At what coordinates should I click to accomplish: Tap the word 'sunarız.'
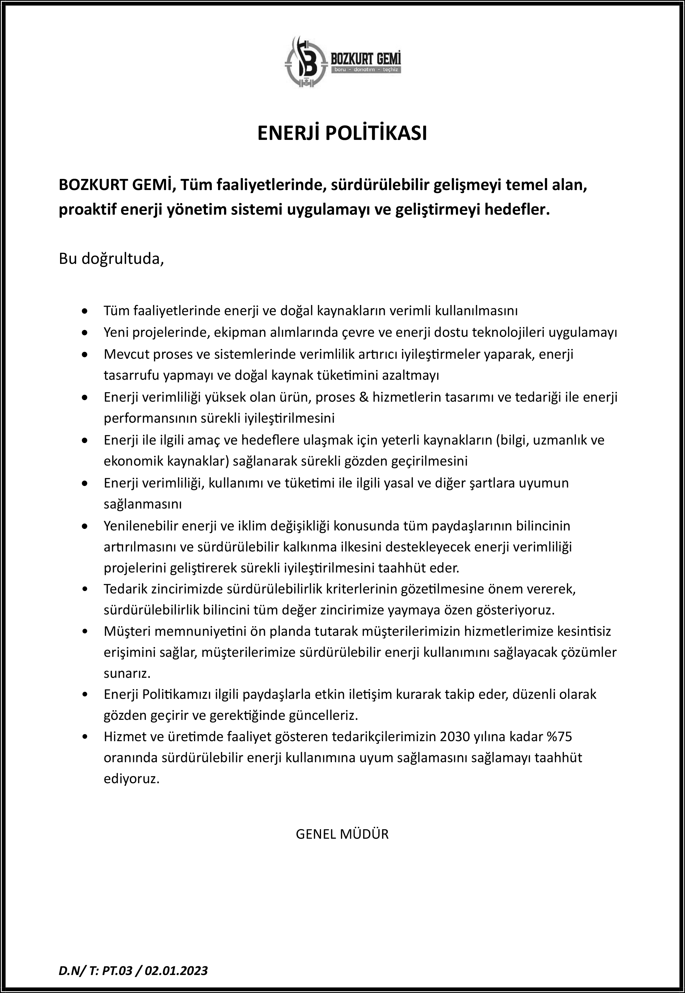(127, 673)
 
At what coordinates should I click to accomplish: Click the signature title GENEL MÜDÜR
(342, 834)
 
